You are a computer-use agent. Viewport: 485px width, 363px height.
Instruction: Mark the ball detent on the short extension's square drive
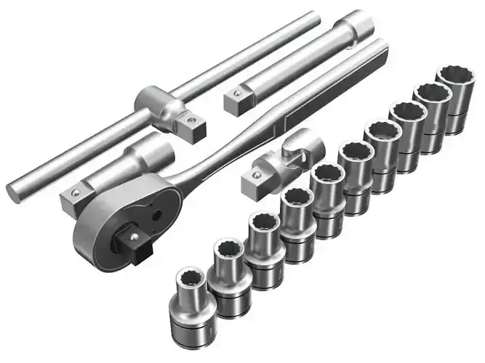74,192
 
